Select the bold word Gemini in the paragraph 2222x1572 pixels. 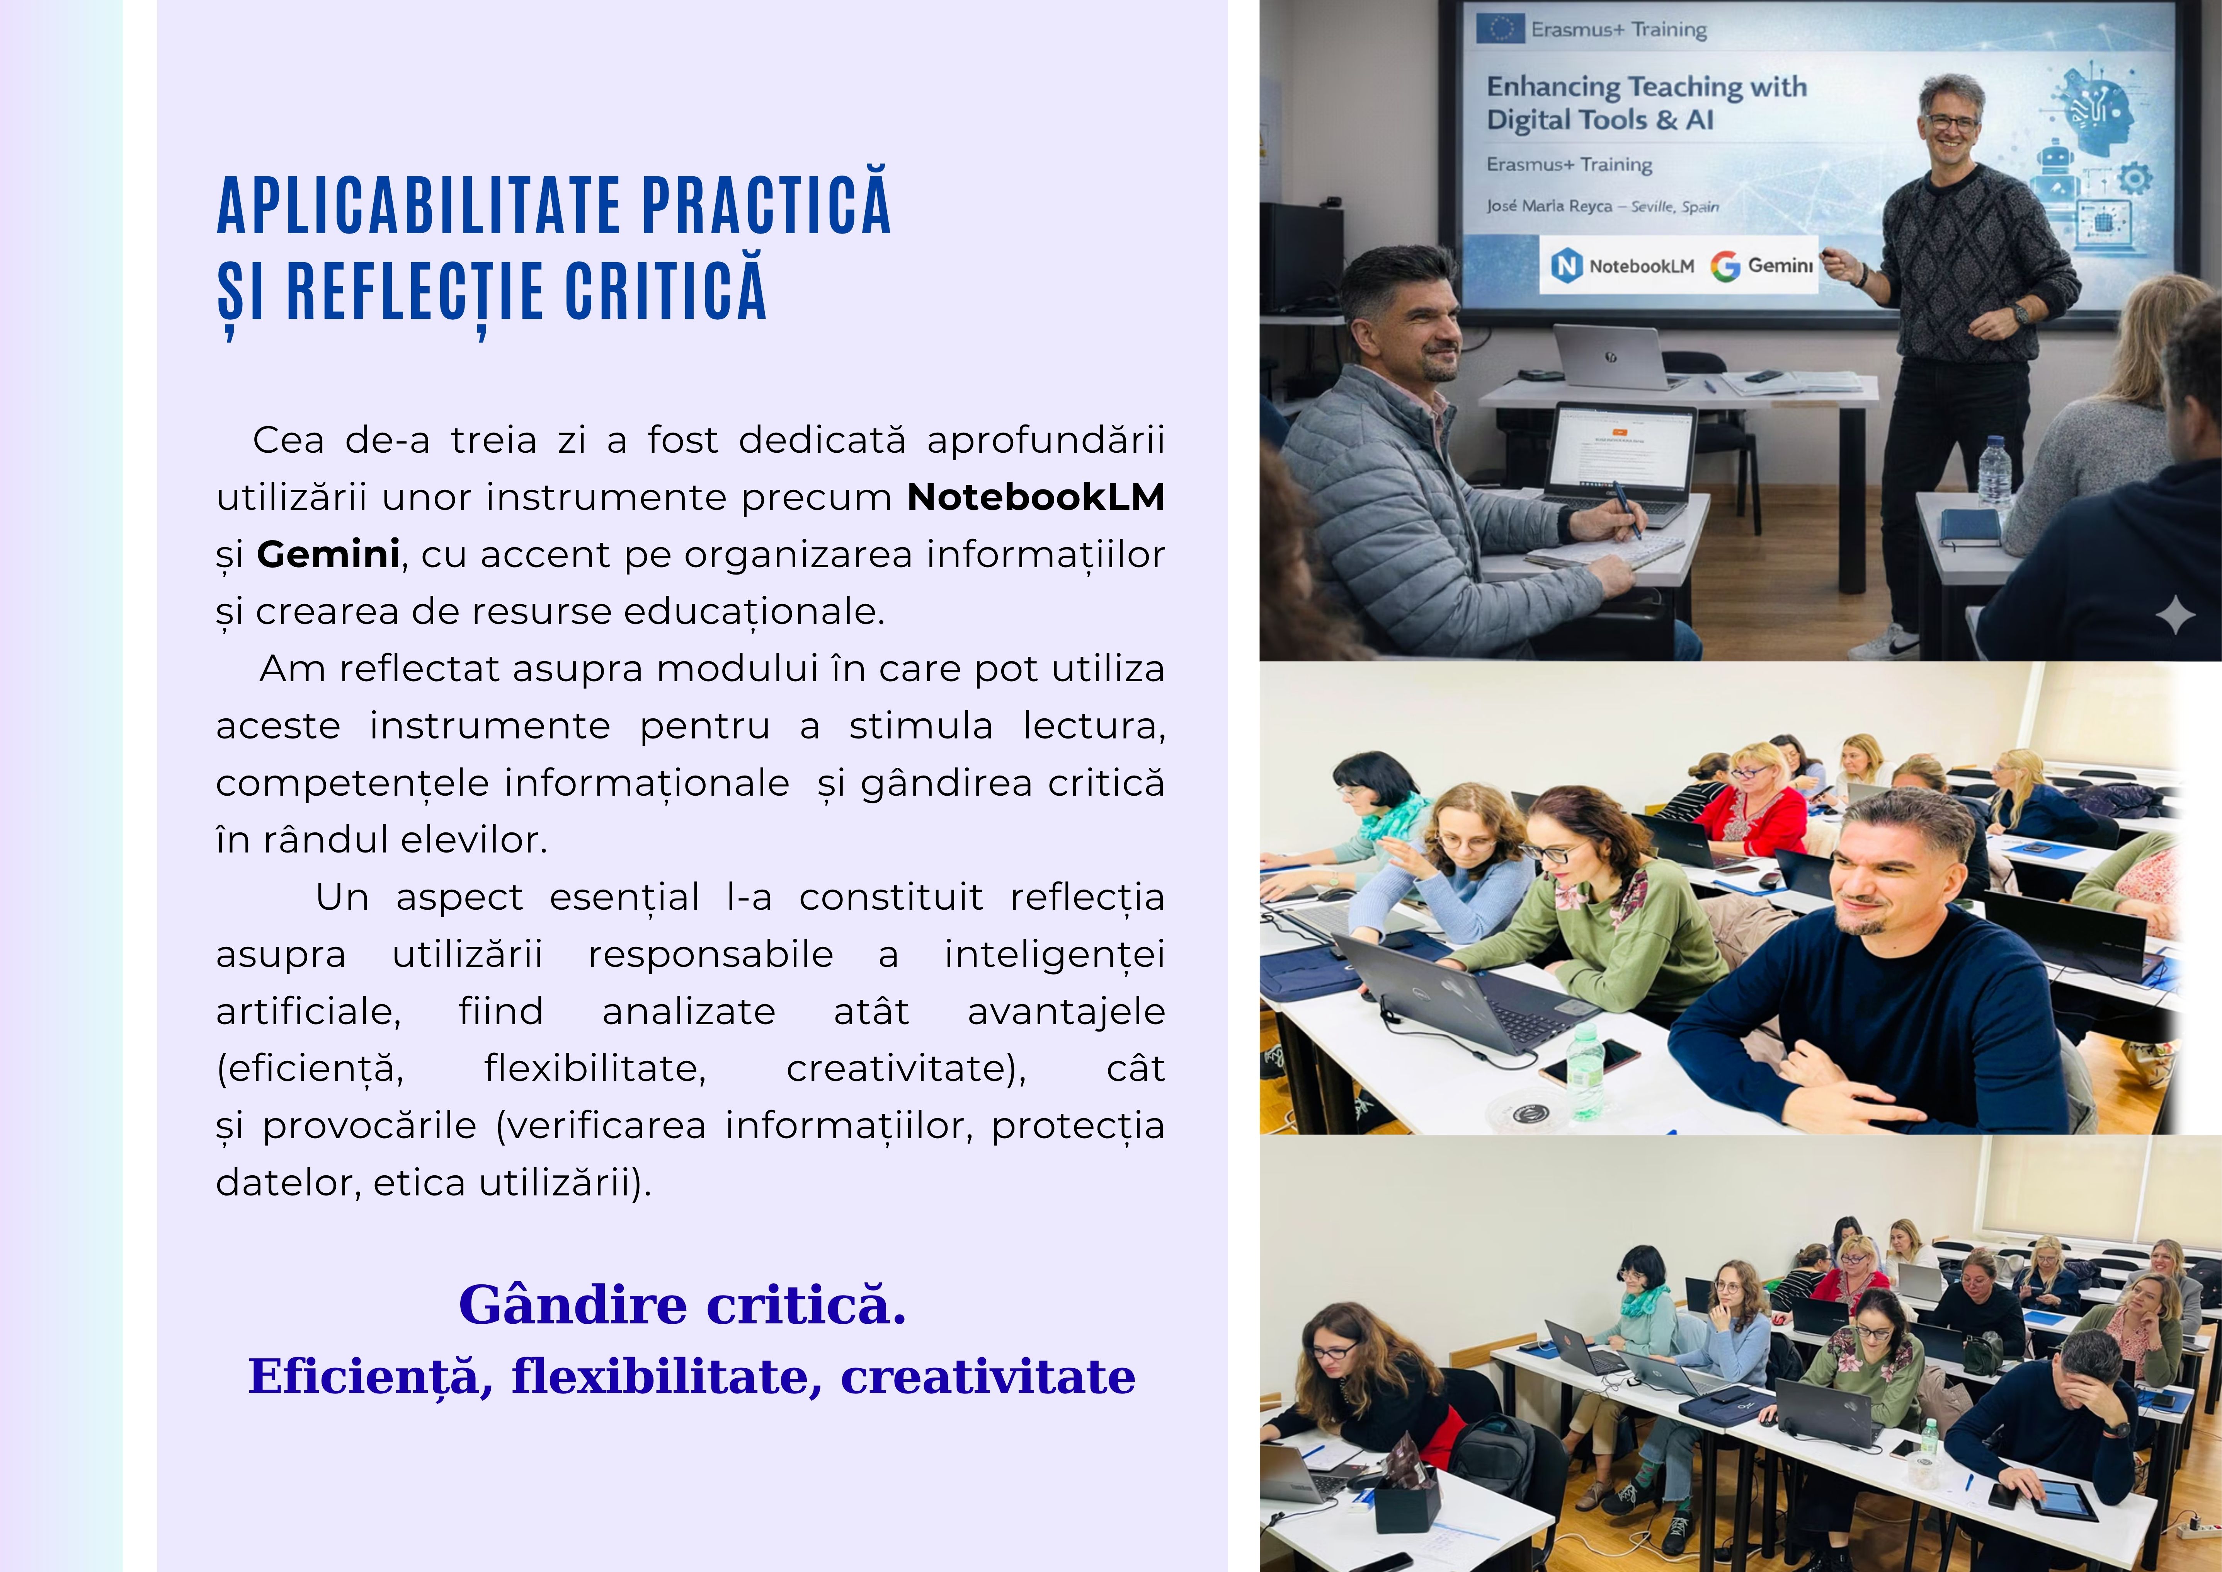(x=328, y=554)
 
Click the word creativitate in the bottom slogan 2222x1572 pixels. (x=988, y=1376)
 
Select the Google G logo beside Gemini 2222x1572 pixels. (x=1725, y=265)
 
